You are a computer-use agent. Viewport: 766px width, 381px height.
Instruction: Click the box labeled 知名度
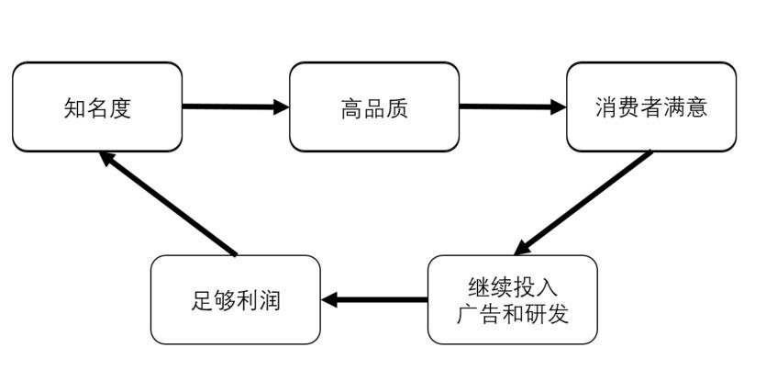pos(97,107)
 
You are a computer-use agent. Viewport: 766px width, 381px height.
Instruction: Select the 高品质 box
pos(374,107)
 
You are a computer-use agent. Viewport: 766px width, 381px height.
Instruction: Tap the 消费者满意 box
pos(651,107)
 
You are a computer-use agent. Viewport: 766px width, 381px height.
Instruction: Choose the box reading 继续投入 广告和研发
pos(513,299)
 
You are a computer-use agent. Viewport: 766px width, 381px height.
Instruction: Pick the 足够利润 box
pos(236,299)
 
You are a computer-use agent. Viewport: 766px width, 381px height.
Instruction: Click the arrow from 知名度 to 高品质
pos(236,106)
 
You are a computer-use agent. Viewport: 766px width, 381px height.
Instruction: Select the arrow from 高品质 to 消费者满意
pos(513,106)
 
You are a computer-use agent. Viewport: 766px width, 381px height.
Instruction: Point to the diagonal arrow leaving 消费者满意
pos(583,203)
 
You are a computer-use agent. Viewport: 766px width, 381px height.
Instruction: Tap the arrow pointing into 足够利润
pos(374,299)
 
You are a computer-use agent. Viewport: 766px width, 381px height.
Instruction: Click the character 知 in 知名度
pos(75,108)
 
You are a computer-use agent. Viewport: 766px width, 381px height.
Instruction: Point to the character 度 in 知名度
pos(120,108)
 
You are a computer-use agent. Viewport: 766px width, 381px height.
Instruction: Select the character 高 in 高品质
pos(351,108)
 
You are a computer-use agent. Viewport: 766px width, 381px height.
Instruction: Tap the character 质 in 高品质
pos(397,108)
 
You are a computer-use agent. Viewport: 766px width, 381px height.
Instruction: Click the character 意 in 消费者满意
pos(696,108)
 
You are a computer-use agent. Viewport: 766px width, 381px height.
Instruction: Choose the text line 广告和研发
pos(513,314)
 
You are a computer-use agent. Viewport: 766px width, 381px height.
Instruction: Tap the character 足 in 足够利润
pos(202,300)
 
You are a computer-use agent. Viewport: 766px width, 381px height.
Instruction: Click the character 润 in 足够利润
pos(270,300)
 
